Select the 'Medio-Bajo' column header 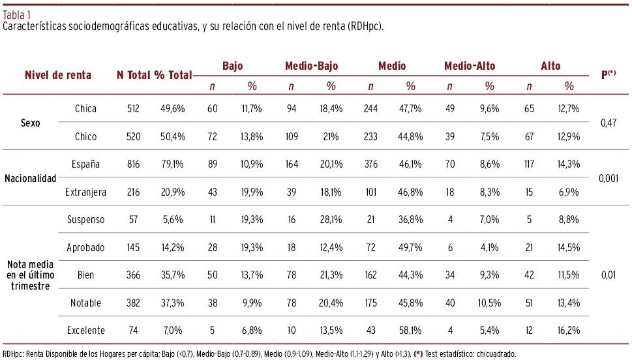point(311,66)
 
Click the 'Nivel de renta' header point(58,75)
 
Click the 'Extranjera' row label point(85,192)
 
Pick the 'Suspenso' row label point(85,220)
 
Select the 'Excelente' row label point(85,331)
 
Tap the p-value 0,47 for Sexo point(608,122)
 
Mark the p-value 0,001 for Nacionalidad point(608,178)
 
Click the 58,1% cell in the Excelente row point(410,331)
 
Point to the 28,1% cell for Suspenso point(331,220)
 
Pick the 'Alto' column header point(550,66)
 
